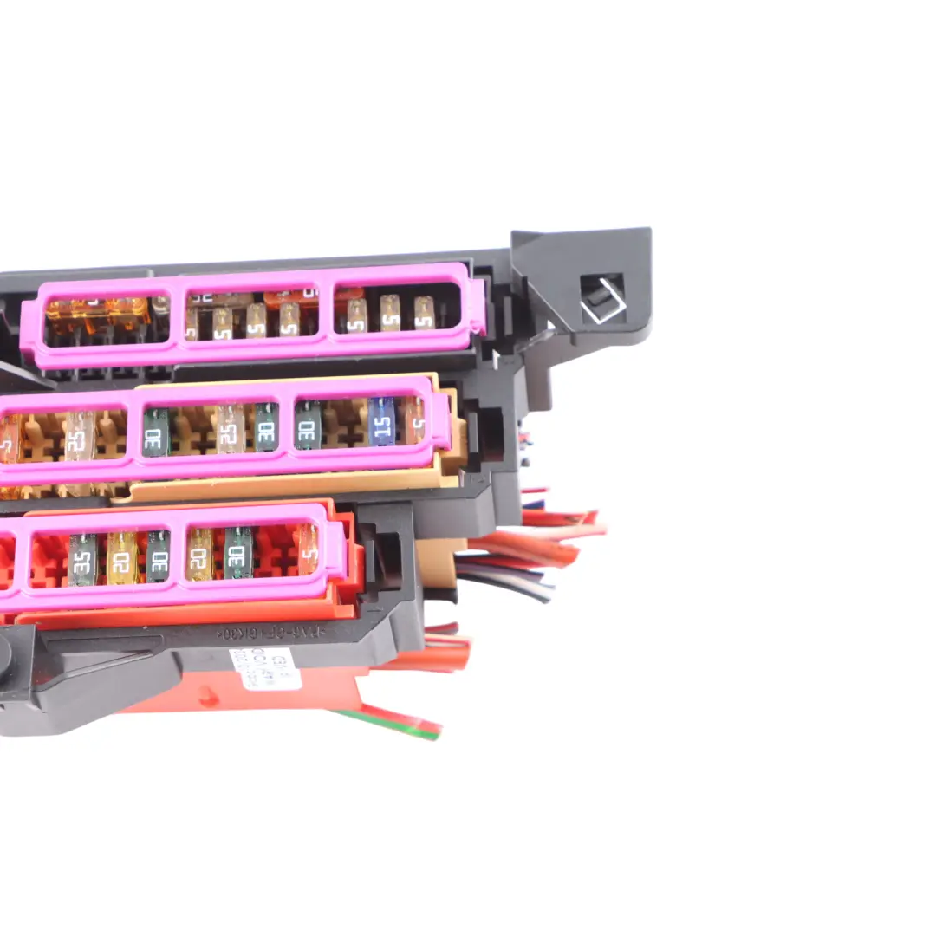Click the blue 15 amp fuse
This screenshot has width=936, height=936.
(x=382, y=421)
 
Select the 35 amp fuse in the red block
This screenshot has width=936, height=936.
(x=82, y=558)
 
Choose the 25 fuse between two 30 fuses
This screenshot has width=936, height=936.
(x=231, y=428)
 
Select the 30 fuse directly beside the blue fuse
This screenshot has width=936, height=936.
(x=308, y=425)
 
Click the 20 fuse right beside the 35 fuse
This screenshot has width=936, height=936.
(x=122, y=556)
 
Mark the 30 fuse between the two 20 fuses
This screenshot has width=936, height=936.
(x=158, y=556)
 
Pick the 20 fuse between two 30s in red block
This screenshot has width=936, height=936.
(x=199, y=554)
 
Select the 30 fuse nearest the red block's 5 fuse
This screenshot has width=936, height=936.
(x=238, y=552)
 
